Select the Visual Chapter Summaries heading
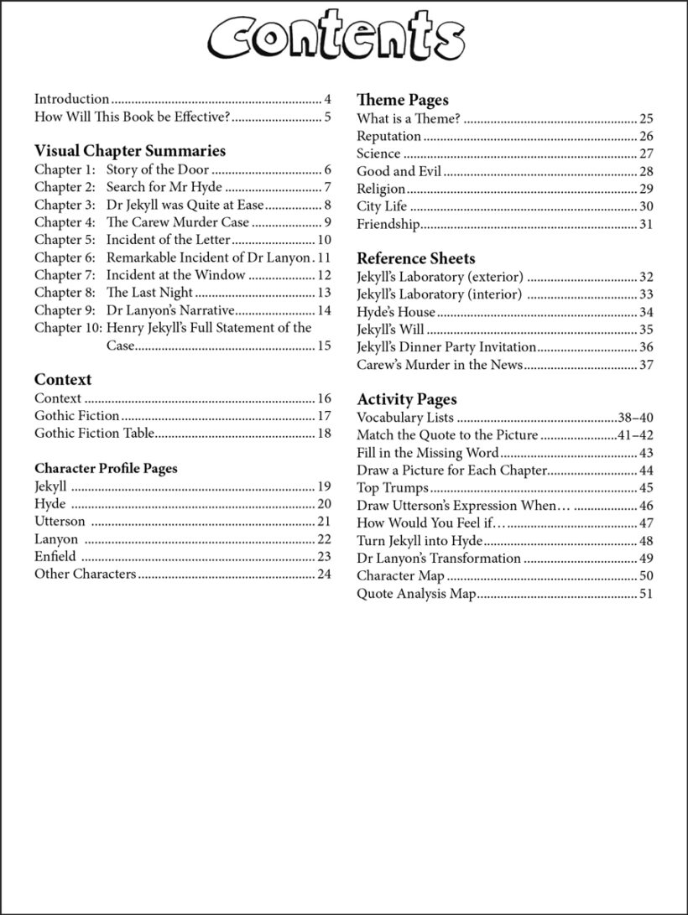129,151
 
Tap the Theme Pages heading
402,100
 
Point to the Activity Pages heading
406,399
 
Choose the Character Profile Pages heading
106,468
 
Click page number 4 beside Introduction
327,99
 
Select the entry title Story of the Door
157,169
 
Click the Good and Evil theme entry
399,171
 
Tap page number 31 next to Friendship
645,224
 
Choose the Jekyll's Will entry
390,329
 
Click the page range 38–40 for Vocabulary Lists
635,418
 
